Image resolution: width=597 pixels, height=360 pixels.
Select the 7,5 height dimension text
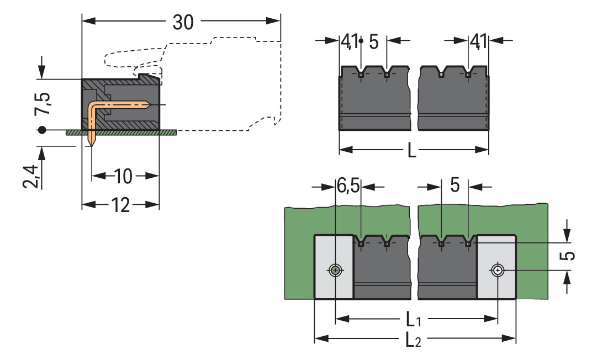click(x=42, y=103)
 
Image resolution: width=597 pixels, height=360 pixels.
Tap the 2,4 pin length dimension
click(x=32, y=176)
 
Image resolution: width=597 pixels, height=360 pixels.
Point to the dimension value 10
click(x=124, y=177)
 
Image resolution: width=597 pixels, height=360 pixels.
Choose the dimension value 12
click(x=120, y=205)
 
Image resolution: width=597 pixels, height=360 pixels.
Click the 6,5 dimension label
click(x=348, y=187)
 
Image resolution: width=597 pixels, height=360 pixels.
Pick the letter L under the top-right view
click(x=412, y=150)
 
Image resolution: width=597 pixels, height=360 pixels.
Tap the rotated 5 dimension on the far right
click(x=570, y=256)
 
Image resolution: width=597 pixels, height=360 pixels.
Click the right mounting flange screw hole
click(x=498, y=271)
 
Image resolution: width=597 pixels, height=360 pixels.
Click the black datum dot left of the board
click(x=41, y=131)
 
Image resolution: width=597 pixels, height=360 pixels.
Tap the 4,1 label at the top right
click(x=478, y=41)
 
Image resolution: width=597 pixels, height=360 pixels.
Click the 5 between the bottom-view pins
click(x=455, y=186)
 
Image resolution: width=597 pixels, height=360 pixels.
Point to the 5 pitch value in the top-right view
click(x=374, y=41)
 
